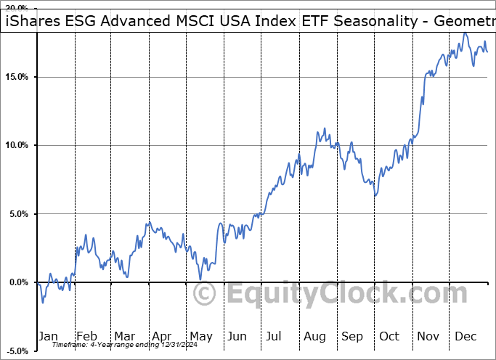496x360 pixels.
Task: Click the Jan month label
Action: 48,336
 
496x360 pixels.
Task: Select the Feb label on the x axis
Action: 86,336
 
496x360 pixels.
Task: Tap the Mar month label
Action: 124,336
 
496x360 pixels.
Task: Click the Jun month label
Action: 238,336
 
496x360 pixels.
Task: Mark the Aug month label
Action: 314,336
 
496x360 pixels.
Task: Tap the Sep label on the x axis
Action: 352,336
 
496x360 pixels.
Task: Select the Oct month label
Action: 389,336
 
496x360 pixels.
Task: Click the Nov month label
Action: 428,336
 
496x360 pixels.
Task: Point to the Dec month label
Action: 466,336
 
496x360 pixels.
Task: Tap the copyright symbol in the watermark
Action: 206,294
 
